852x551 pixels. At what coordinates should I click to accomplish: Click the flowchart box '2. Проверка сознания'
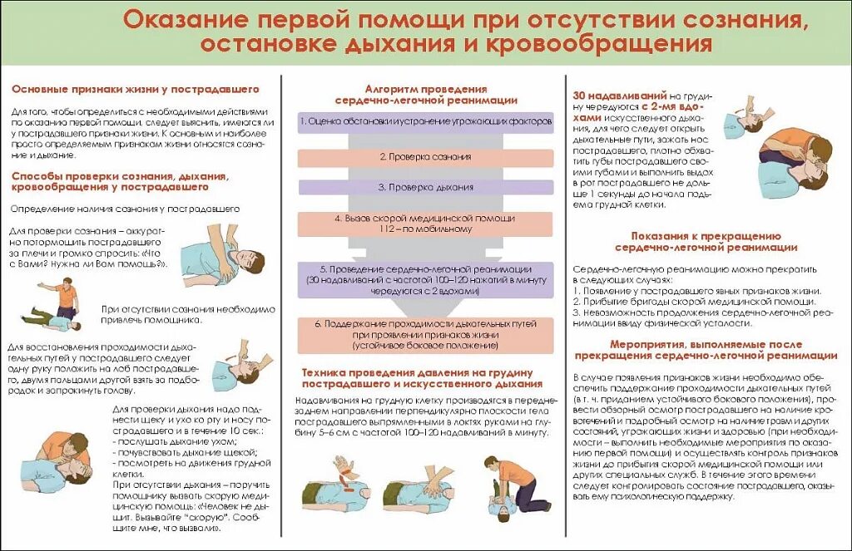pyautogui.click(x=425, y=156)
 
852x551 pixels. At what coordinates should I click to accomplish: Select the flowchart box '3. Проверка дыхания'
pyautogui.click(x=425, y=187)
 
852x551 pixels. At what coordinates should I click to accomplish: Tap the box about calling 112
pyautogui.click(x=425, y=223)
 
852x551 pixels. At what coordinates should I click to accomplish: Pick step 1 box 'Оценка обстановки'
pyautogui.click(x=425, y=121)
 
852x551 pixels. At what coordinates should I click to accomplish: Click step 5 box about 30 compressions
pyautogui.click(x=425, y=280)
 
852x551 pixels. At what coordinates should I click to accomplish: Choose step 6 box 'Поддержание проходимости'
pyautogui.click(x=425, y=332)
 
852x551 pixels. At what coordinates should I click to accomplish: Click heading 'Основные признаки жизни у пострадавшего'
pyautogui.click(x=135, y=89)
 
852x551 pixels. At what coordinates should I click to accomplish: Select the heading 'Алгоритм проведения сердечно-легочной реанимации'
pyautogui.click(x=425, y=94)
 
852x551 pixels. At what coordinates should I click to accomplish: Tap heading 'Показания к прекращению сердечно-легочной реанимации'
pyautogui.click(x=706, y=241)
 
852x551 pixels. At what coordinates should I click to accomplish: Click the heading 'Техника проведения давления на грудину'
pyautogui.click(x=423, y=378)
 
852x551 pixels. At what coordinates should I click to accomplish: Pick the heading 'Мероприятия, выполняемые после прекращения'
pyautogui.click(x=706, y=350)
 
